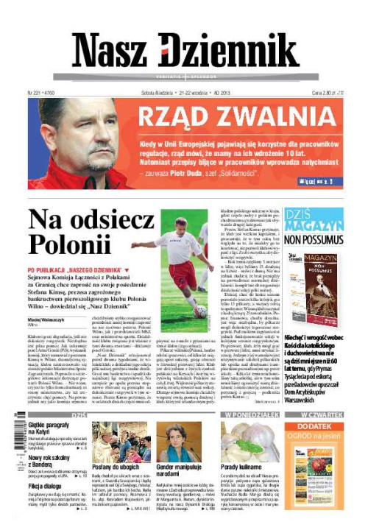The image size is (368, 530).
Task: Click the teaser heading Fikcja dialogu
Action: pyautogui.click(x=46, y=487)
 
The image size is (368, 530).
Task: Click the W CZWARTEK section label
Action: pyautogui.click(x=321, y=414)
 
